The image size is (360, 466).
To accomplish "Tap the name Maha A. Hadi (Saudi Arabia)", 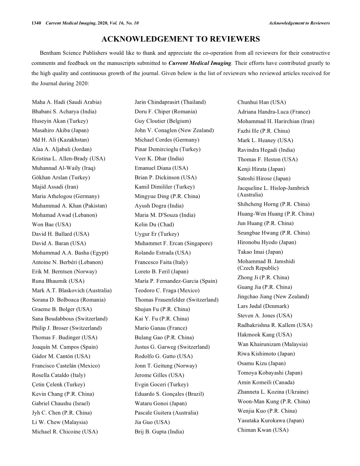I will click(67, 102).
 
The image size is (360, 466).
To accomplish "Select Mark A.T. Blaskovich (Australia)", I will click(71, 290).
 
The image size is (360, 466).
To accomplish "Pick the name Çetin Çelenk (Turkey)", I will click(58, 384).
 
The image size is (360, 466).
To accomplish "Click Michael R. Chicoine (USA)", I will click(64, 431).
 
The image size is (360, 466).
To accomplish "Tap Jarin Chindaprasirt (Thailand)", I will click(170, 102).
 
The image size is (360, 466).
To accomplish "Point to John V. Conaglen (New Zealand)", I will click(174, 130).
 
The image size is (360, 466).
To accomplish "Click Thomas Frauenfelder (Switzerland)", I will click(176, 300).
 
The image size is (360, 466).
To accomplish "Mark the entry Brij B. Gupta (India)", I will click(159, 432).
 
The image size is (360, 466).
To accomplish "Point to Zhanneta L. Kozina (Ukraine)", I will click(273, 392).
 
